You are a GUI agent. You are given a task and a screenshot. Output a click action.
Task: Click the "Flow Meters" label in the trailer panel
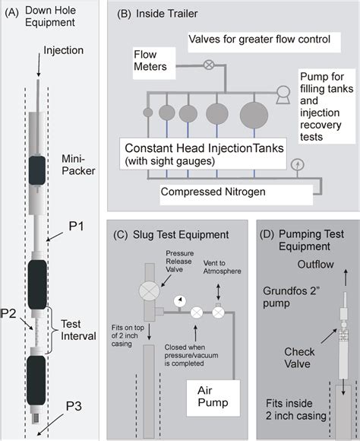(x=147, y=61)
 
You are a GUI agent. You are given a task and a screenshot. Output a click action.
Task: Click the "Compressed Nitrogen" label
(x=213, y=193)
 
